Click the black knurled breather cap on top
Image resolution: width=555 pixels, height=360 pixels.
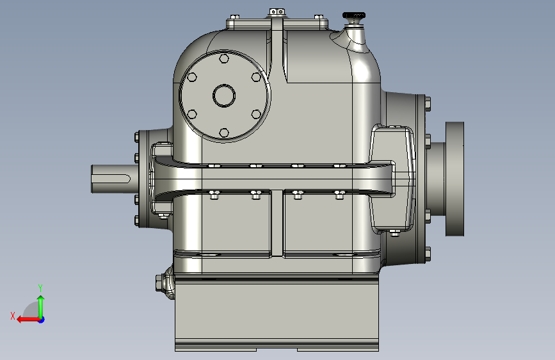pos(353,16)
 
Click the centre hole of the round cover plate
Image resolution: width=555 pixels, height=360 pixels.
pos(224,95)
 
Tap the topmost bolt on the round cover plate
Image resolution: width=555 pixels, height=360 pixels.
pos(224,58)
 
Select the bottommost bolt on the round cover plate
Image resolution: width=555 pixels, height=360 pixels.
pos(224,133)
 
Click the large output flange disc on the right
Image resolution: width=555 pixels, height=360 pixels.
pos(454,179)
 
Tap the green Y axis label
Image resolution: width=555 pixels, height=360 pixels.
pos(40,288)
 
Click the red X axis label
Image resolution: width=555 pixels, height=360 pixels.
pos(13,316)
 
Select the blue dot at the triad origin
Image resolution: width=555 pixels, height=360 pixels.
pos(42,320)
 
